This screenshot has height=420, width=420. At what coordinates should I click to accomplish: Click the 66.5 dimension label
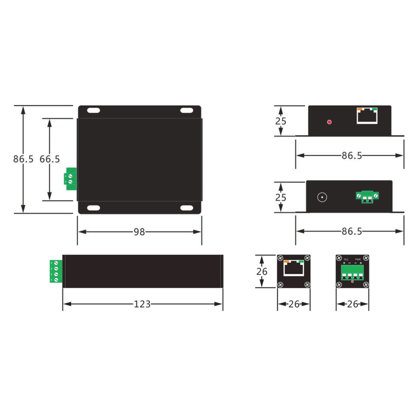[50, 159]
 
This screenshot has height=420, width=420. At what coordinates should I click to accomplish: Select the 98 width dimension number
[139, 232]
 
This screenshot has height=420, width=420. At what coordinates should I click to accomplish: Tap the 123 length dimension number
[142, 304]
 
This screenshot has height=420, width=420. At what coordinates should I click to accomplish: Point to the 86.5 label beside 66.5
[23, 159]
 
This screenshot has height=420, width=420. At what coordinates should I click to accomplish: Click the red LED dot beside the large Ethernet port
[329, 122]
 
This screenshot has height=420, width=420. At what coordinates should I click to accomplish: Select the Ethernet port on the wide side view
[367, 116]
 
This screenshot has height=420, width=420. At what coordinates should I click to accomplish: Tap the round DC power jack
[322, 197]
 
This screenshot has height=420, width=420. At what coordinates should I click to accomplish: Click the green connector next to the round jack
[367, 197]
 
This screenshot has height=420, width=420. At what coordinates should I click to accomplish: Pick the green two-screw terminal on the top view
[70, 179]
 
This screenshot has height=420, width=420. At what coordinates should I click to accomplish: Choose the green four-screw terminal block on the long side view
[56, 272]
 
